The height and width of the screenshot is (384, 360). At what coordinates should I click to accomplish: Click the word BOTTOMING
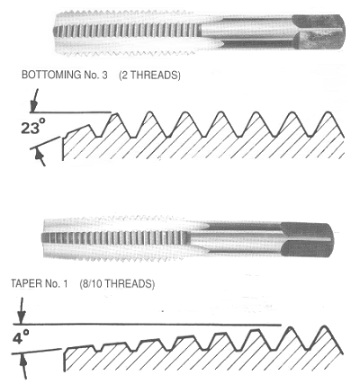(x=47, y=75)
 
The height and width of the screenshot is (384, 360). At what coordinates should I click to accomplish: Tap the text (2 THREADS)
(x=149, y=75)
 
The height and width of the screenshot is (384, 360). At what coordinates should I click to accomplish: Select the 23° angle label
(x=34, y=127)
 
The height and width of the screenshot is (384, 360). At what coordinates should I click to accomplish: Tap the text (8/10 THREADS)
(x=117, y=283)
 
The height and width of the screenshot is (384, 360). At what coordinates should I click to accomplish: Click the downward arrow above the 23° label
(x=35, y=100)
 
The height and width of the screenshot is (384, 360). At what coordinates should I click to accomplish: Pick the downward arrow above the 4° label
(x=21, y=310)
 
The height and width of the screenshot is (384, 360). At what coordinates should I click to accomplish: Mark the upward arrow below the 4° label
(x=23, y=367)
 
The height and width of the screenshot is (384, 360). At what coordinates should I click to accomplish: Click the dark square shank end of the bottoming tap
(x=319, y=31)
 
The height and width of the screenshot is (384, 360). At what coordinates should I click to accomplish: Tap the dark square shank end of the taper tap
(x=308, y=239)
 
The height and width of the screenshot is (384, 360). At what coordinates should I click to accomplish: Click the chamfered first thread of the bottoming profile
(x=78, y=129)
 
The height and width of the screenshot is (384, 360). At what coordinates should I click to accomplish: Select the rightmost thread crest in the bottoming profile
(x=328, y=113)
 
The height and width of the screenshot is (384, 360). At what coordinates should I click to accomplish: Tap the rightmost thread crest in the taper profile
(x=324, y=326)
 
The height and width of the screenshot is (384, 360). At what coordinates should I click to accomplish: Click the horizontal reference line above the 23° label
(x=70, y=112)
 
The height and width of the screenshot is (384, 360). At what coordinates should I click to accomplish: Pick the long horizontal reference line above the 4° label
(x=147, y=325)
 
